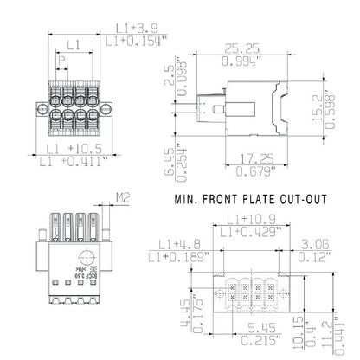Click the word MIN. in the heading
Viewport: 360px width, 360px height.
[x=189, y=198]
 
